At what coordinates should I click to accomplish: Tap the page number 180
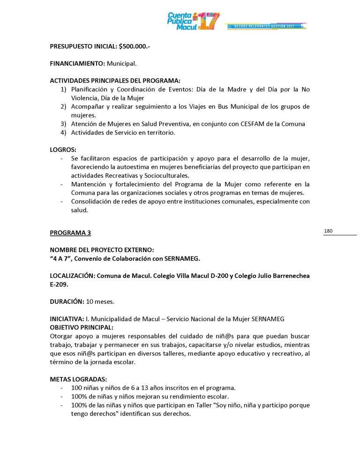coord(328,231)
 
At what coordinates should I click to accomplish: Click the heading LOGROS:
coord(63,150)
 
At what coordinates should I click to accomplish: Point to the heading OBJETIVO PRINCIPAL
coord(81,327)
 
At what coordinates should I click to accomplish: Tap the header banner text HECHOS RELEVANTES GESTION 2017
coord(266,26)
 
